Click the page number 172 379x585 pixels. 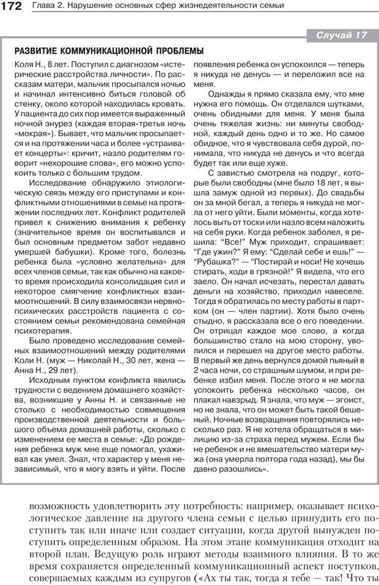(12, 6)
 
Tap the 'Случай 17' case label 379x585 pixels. (341, 35)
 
